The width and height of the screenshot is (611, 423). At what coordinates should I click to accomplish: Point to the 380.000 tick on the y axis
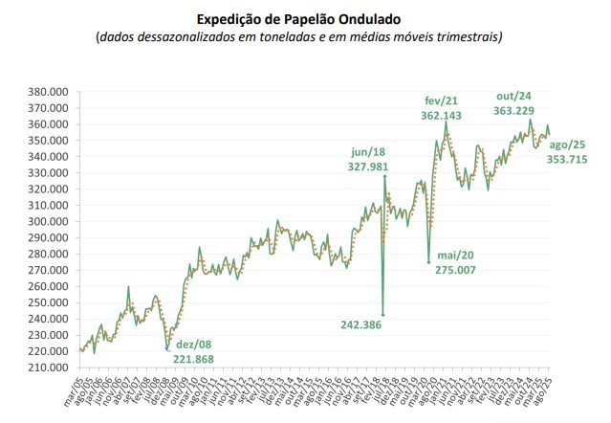46,92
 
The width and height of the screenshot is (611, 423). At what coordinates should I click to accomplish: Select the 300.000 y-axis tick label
46,222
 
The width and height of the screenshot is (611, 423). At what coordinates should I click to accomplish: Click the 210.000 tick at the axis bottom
46,367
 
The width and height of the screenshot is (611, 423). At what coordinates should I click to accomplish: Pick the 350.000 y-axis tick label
46,141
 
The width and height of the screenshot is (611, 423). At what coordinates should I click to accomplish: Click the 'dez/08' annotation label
195,344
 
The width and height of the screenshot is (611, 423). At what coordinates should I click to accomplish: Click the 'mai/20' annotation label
457,256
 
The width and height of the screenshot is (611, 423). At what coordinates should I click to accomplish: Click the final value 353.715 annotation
573,159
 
